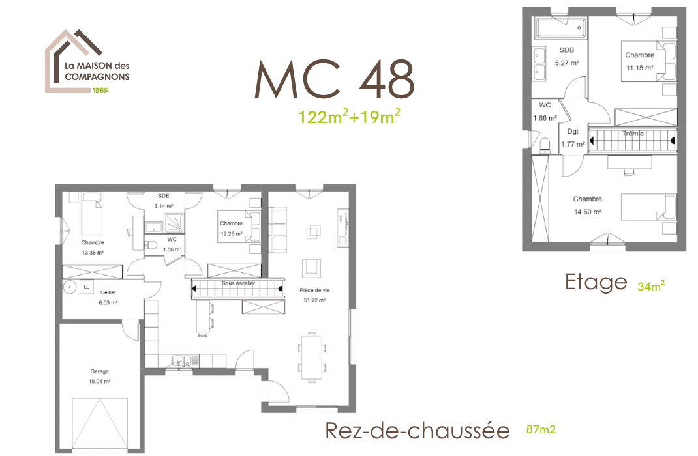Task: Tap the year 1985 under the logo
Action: click(x=99, y=90)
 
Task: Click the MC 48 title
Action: click(x=334, y=79)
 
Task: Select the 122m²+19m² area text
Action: click(x=349, y=117)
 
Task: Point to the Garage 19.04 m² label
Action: click(x=100, y=377)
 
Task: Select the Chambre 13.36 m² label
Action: click(x=93, y=248)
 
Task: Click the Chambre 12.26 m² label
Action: click(x=231, y=229)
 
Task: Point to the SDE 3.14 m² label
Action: click(x=164, y=201)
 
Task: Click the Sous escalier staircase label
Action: click(x=238, y=283)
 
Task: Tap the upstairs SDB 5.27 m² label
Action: click(x=567, y=57)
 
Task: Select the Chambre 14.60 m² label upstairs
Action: click(x=587, y=205)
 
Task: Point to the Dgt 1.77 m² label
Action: click(x=573, y=137)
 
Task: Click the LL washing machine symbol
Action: click(x=86, y=286)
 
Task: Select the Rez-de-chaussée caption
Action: click(x=417, y=431)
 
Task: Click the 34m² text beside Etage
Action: click(x=651, y=285)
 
